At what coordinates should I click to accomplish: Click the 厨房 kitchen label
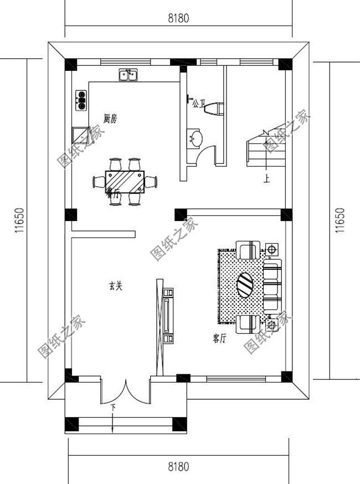(110, 118)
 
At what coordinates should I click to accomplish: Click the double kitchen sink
(128, 74)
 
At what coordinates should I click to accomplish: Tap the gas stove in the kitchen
(81, 100)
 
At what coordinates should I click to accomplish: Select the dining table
(125, 181)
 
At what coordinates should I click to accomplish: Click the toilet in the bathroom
(214, 108)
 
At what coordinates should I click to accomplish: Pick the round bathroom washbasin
(195, 138)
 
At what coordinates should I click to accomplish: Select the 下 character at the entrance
(113, 408)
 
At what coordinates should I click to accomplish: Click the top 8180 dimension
(178, 18)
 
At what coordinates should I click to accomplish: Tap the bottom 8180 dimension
(178, 467)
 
